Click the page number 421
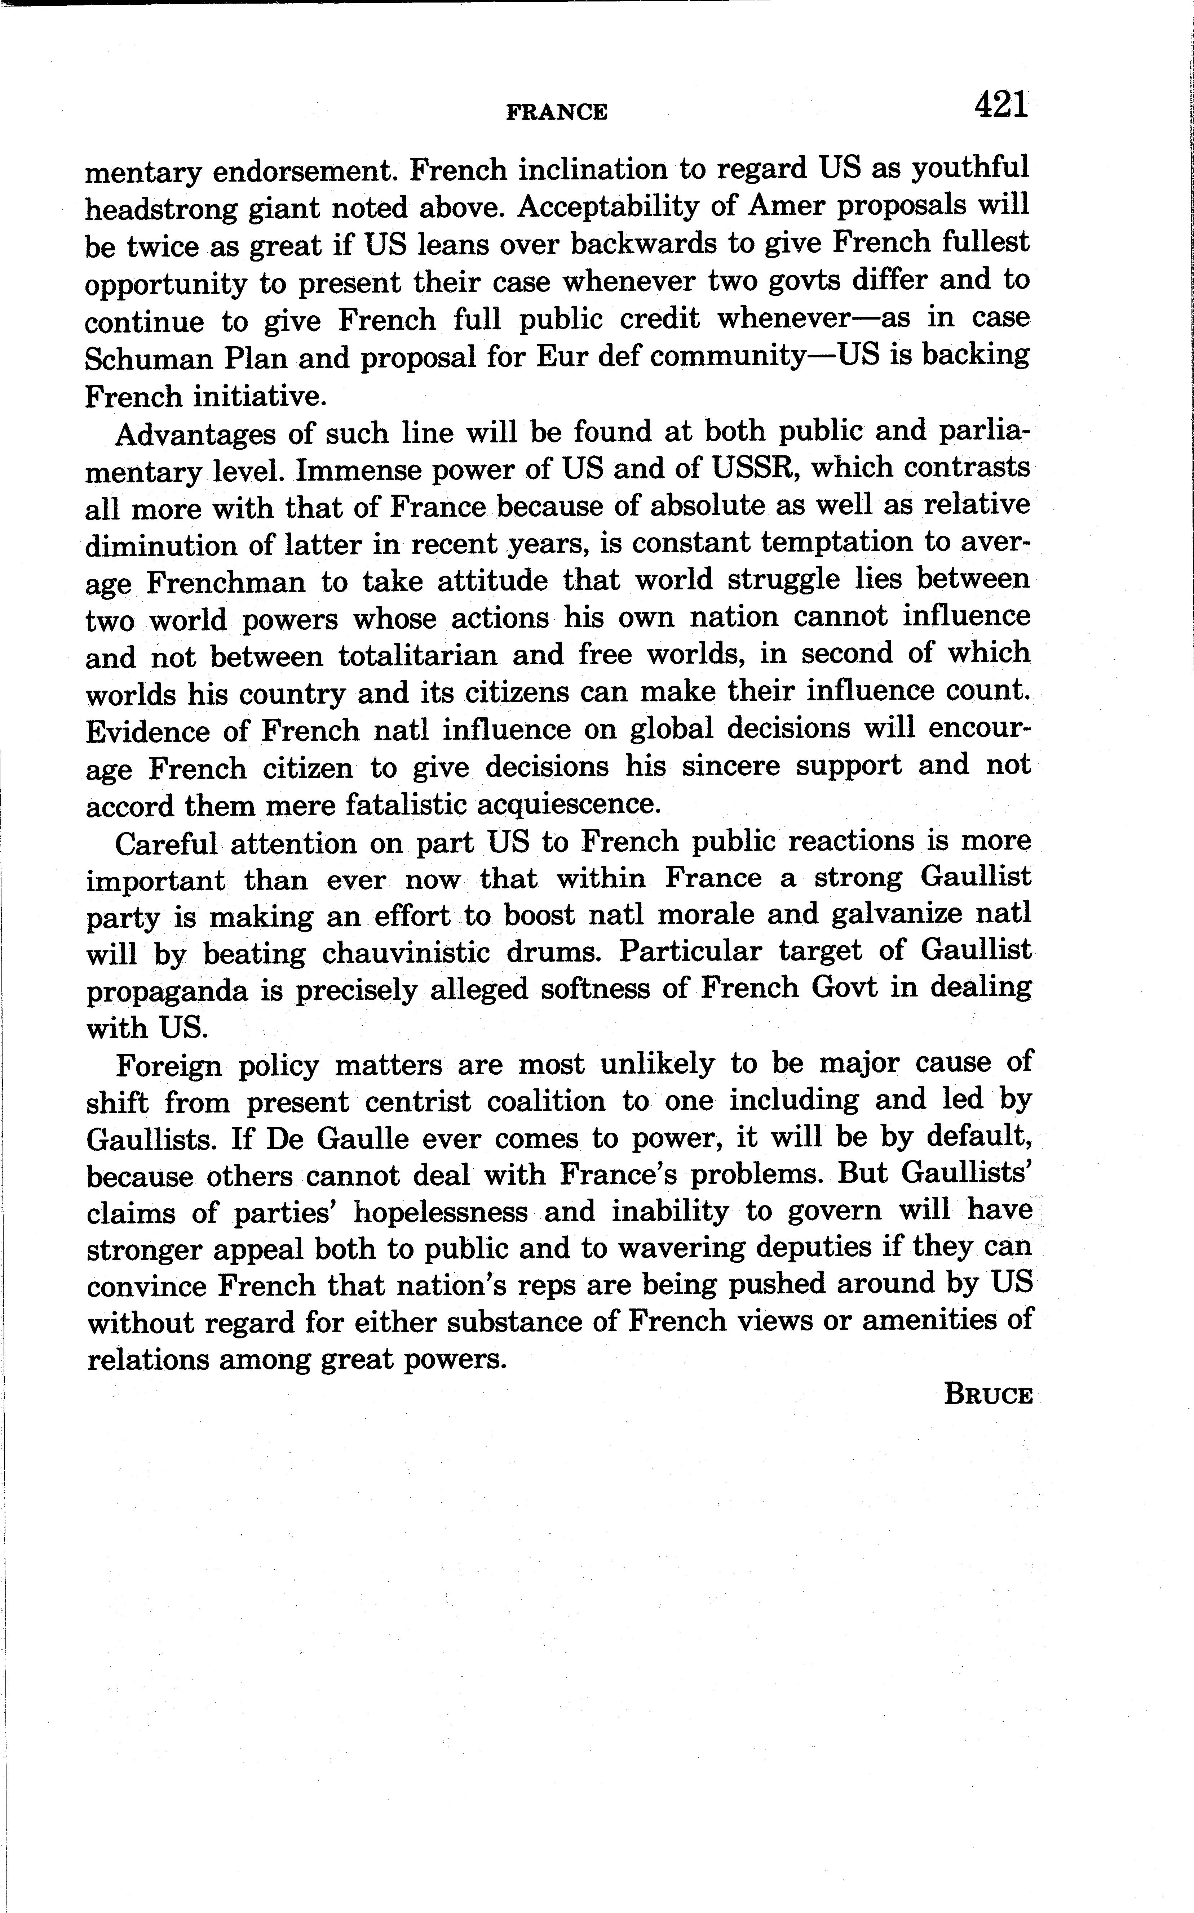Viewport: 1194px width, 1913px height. pyautogui.click(x=1001, y=105)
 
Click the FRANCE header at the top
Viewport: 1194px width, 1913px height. pyautogui.click(x=557, y=112)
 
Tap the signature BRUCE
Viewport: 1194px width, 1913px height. pyautogui.click(x=988, y=1395)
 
